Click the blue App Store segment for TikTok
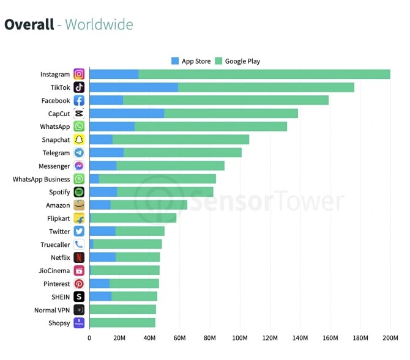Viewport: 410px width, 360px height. pos(133,87)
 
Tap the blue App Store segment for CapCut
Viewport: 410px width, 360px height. pos(127,114)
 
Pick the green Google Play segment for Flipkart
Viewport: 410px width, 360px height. pos(133,218)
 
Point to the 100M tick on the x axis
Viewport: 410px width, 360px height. pos(240,338)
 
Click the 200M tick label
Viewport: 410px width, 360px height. pos(390,338)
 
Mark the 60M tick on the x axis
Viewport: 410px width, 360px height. pos(179,338)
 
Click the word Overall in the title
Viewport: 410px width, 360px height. pos(29,24)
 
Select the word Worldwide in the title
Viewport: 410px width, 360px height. pos(99,24)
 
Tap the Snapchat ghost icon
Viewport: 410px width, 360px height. pos(79,140)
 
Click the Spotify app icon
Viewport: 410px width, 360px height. pos(79,192)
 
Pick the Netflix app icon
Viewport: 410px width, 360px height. pos(79,257)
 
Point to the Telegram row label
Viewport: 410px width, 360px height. pos(56,153)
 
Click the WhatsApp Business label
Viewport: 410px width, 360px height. pos(41,179)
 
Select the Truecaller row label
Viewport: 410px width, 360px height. pos(55,244)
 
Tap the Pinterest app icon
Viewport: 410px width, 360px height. pos(79,284)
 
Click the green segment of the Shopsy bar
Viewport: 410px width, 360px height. pos(122,323)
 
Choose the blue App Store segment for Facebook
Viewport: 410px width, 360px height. pos(106,101)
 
